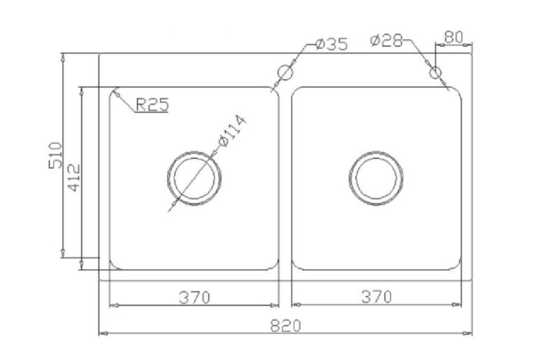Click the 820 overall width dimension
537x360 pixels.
point(285,326)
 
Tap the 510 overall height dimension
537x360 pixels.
point(56,155)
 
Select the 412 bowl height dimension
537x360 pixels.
point(74,178)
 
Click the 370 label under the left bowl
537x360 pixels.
point(194,297)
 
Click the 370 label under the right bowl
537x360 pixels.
point(376,296)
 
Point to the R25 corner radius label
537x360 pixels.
point(152,104)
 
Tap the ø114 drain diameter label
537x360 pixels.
point(232,131)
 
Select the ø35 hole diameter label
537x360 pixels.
point(331,44)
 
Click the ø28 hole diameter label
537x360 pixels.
point(386,41)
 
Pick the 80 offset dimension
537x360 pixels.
point(453,37)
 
